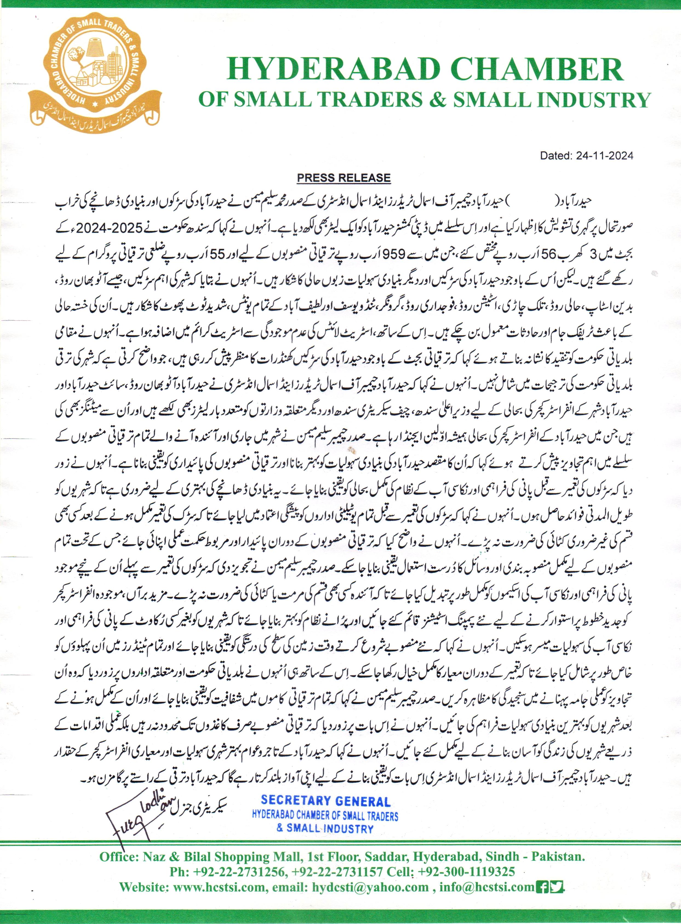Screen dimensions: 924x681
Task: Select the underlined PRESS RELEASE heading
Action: click(x=344, y=178)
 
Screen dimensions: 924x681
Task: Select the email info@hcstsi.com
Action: click(x=487, y=887)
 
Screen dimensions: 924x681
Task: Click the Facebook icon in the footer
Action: click(x=542, y=887)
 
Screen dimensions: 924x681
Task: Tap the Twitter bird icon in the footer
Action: click(x=557, y=887)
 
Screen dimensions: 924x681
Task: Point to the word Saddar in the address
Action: click(x=384, y=857)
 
